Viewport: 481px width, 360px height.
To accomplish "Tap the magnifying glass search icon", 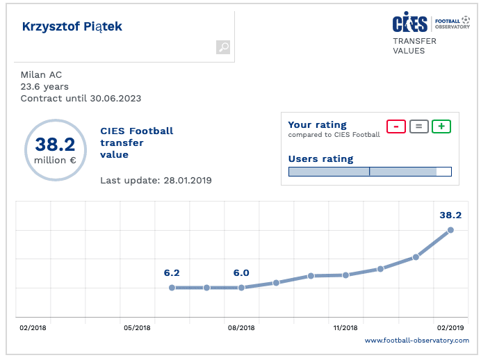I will [223, 47].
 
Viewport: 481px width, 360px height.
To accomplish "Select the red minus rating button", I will [396, 126].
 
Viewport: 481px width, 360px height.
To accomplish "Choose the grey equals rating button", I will [418, 126].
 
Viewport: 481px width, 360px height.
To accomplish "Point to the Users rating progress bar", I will [370, 172].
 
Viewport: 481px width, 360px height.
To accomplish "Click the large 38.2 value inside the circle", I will [55, 145].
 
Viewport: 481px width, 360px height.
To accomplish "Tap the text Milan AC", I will [41, 74].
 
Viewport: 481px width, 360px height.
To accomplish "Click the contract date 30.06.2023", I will [115, 98].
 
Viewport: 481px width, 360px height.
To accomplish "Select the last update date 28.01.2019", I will [187, 181].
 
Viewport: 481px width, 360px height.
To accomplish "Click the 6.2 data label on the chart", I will [172, 273].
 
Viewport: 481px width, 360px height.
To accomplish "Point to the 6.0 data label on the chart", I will [241, 273].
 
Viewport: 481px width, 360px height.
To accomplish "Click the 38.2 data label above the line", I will [450, 215].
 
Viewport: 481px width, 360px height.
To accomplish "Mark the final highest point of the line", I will [450, 229].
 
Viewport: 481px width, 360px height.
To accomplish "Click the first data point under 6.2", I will [172, 287].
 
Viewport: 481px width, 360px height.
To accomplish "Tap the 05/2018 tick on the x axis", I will [137, 327].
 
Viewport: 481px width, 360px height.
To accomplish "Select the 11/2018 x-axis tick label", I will [345, 327].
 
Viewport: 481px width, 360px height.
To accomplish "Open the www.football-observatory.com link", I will [417, 341].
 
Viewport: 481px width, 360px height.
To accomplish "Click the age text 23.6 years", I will [44, 86].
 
